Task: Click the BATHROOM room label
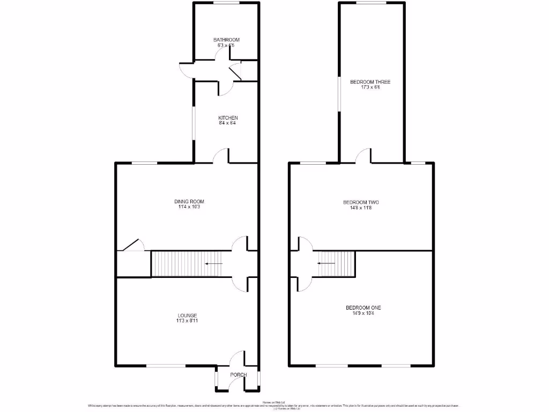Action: point(226,40)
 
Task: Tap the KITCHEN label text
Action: point(228,118)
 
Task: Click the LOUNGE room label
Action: point(188,315)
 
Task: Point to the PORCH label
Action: point(238,374)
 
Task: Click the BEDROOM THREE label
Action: point(370,82)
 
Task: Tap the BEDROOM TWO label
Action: point(361,202)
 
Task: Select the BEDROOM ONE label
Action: point(363,307)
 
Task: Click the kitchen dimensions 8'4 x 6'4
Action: point(227,123)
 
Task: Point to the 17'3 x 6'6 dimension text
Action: point(370,87)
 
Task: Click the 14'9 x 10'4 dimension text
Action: point(363,313)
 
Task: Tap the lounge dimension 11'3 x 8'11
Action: point(187,321)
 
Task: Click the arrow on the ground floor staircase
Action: point(214,264)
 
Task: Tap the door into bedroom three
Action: point(364,156)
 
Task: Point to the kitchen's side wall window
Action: point(195,126)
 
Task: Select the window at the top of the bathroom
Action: point(226,3)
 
